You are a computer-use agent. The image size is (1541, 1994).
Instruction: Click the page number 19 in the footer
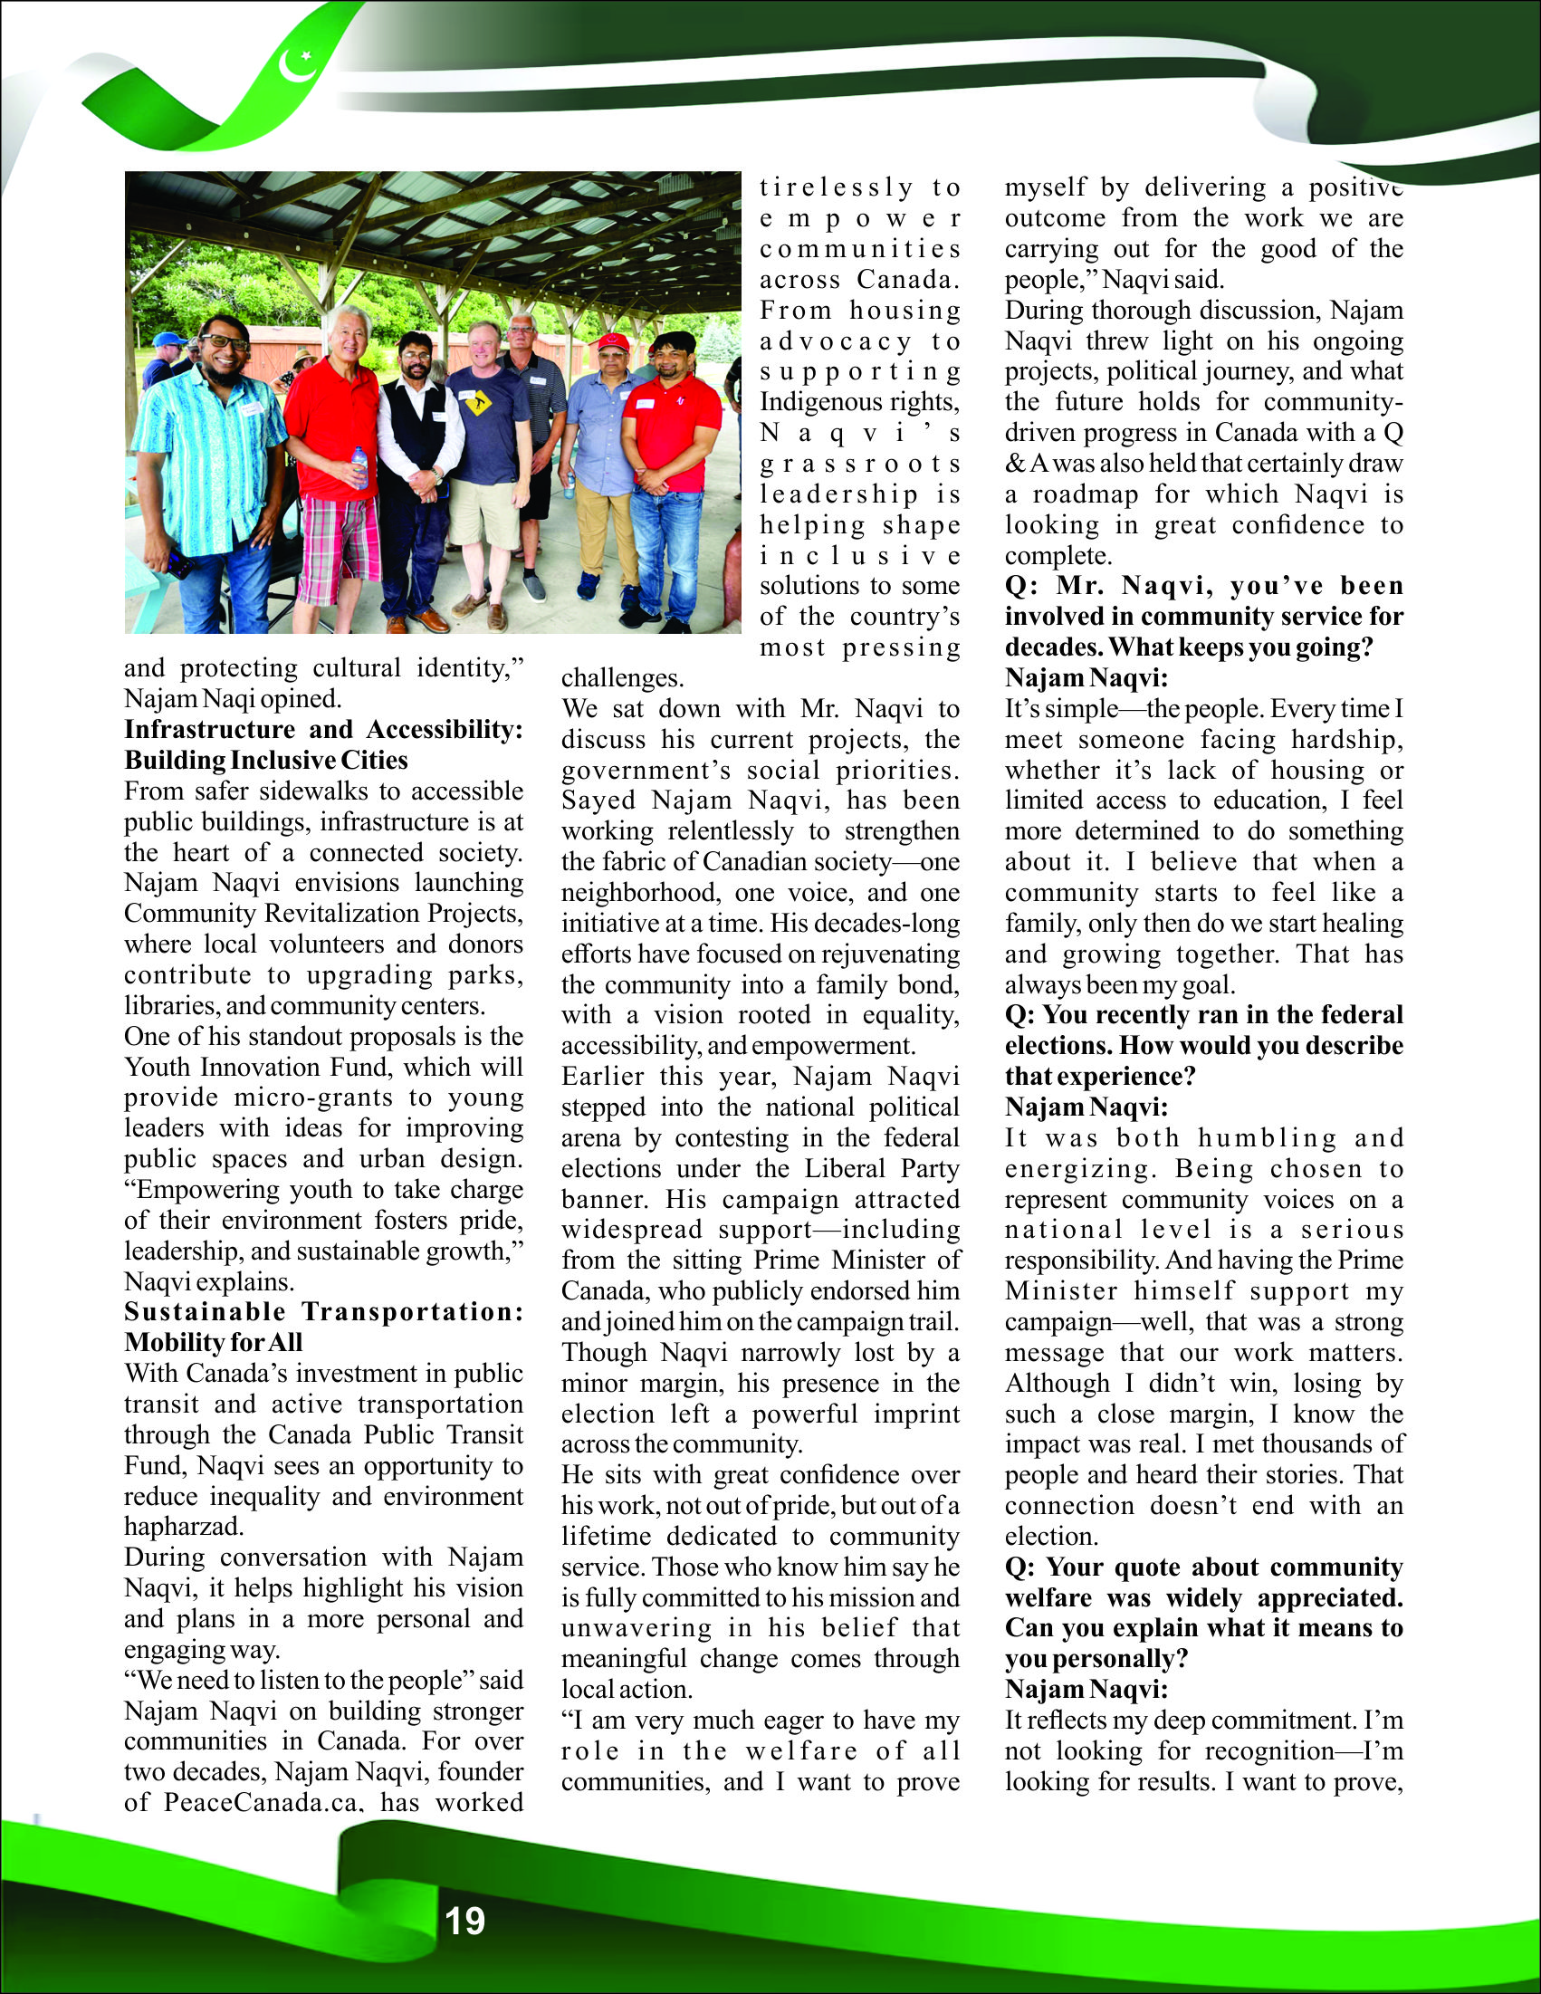click(464, 1921)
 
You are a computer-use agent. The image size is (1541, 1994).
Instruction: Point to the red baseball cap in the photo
click(611, 341)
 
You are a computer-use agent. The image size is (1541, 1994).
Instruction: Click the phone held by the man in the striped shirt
click(180, 562)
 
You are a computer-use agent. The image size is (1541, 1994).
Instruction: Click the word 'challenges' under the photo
click(623, 678)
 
